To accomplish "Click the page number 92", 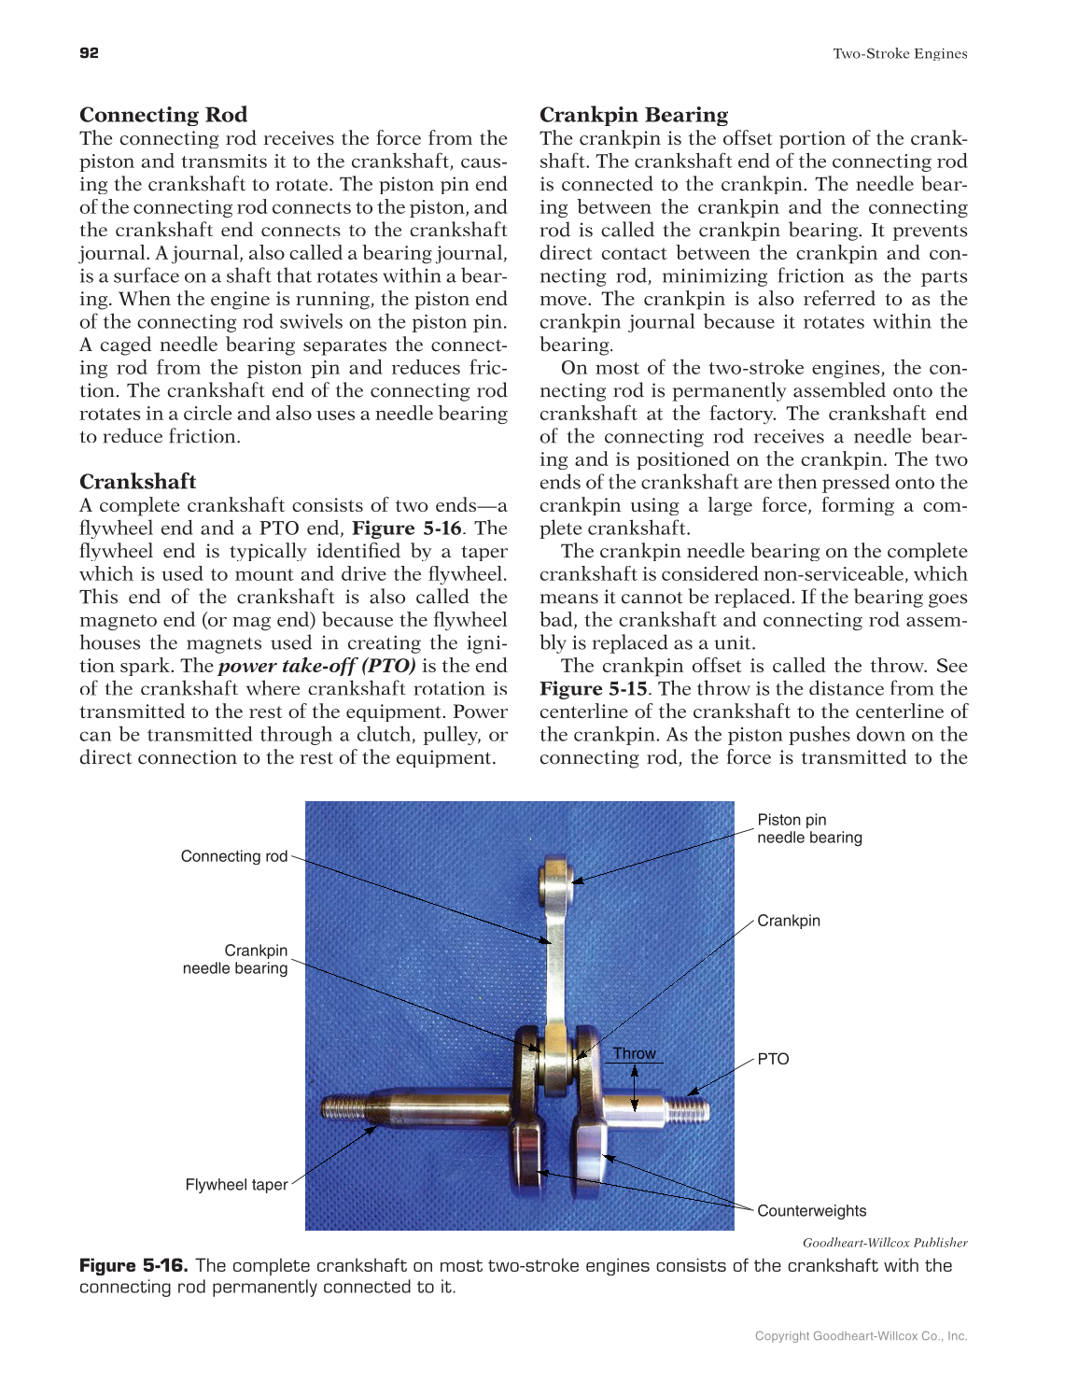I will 89,53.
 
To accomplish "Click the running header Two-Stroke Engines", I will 900,54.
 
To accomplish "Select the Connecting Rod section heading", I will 163,115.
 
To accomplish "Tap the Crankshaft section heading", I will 138,482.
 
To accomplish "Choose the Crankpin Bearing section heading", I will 634,115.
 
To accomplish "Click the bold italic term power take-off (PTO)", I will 317,666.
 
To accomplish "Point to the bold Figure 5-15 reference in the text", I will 594,689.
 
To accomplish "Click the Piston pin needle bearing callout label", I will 809,829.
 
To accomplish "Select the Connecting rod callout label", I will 234,856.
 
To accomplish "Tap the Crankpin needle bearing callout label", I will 236,960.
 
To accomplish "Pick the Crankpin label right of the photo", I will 789,921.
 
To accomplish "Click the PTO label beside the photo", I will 773,1059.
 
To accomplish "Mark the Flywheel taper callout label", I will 237,1185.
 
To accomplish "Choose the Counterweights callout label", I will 811,1211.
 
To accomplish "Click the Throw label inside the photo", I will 635,1053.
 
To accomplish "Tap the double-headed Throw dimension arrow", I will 635,1088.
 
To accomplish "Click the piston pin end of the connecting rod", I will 556,880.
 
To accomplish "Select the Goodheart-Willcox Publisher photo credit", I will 885,1243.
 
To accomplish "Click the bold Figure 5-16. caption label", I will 133,1266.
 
